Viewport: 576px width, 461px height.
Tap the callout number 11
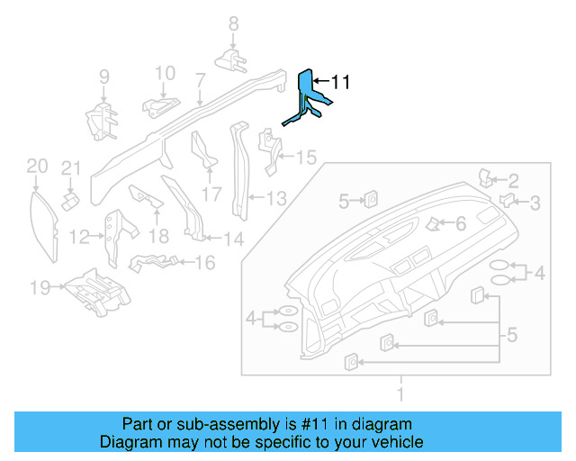point(339,82)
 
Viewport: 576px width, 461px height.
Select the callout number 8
point(232,24)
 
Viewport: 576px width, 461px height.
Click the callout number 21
point(71,168)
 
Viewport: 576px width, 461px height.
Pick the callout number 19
point(39,288)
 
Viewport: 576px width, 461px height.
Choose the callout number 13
point(275,198)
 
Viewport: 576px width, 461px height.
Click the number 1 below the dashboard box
point(402,394)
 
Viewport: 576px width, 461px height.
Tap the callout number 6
point(460,222)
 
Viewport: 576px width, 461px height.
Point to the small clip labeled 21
point(68,197)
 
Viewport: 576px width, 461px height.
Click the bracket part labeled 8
point(231,59)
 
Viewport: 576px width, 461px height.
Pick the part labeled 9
point(101,121)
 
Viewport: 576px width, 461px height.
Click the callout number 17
point(211,194)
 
